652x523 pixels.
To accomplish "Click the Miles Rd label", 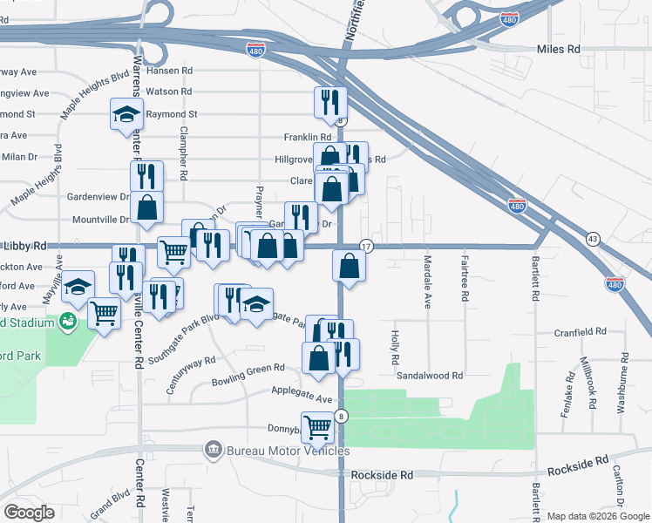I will coord(559,50).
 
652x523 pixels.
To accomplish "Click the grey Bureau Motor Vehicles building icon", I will coord(213,450).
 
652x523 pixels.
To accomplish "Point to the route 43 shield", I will coord(593,239).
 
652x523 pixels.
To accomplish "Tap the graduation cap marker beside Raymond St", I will coord(126,112).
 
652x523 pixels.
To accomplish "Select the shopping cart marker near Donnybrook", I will coord(318,426).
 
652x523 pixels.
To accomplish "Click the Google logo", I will coord(29,513).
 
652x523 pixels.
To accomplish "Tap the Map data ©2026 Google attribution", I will coord(598,516).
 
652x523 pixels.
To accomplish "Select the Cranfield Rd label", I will coord(581,332).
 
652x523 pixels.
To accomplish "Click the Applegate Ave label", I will coord(302,394).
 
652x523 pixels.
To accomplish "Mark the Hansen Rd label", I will coord(168,70).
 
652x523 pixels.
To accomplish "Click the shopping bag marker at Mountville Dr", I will coord(148,207).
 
